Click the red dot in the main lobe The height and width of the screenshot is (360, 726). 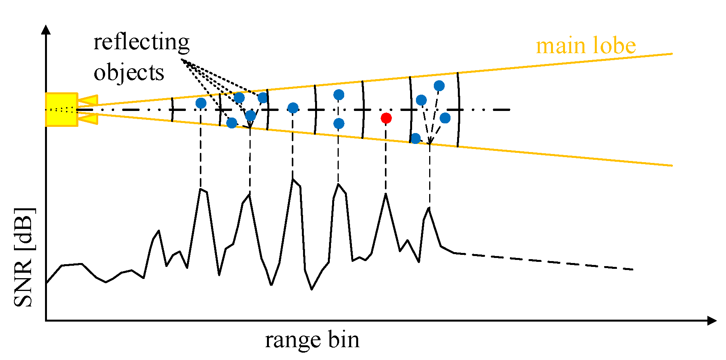tap(386, 118)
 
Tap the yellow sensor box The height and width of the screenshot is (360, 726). tap(61, 109)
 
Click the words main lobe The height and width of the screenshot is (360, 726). tap(586, 46)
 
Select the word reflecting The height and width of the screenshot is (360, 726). tap(141, 42)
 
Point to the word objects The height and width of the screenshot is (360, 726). tap(129, 73)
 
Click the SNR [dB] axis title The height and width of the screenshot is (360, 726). tap(24, 257)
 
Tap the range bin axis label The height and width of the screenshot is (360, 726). tap(312, 340)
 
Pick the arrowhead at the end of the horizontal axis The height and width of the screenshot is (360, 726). tap(712, 320)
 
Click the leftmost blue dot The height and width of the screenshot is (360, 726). tap(201, 103)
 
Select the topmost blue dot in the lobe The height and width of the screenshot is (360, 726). tap(439, 86)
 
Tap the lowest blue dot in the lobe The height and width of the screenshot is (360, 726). tap(415, 138)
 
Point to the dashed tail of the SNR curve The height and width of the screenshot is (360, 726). tap(543, 261)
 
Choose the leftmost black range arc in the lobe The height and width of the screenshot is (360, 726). tap(172, 110)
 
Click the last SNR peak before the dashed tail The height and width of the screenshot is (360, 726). tap(429, 208)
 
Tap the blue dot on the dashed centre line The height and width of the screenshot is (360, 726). tap(293, 108)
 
